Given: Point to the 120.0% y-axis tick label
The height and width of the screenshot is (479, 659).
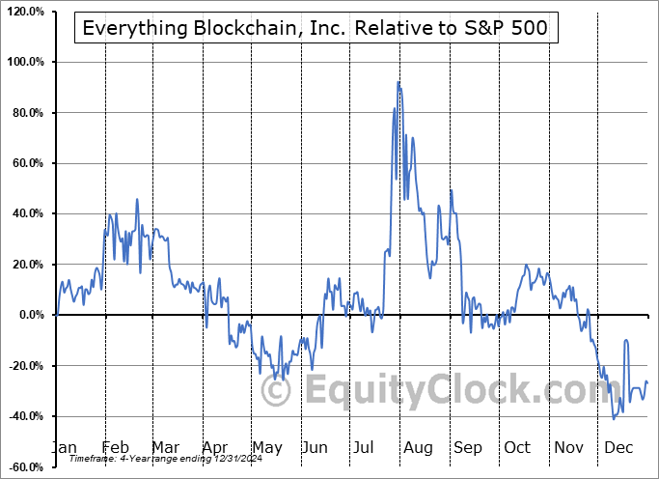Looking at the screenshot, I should (x=27, y=12).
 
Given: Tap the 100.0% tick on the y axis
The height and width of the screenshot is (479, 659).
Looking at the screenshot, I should (x=27, y=62).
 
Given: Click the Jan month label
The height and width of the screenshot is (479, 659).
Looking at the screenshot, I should (x=64, y=447).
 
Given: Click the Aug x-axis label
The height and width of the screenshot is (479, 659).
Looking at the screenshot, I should (x=419, y=447).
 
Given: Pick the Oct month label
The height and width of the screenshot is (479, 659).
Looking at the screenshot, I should (x=518, y=447).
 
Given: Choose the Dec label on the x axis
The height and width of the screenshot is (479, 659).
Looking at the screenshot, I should (x=618, y=447).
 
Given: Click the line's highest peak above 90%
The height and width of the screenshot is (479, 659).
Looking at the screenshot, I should (x=398, y=82).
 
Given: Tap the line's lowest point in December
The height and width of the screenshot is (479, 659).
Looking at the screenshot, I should (x=614, y=418).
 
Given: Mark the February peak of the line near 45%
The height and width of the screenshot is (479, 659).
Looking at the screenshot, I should (x=137, y=199).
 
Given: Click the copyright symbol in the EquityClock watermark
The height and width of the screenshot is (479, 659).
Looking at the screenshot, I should (x=277, y=390).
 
